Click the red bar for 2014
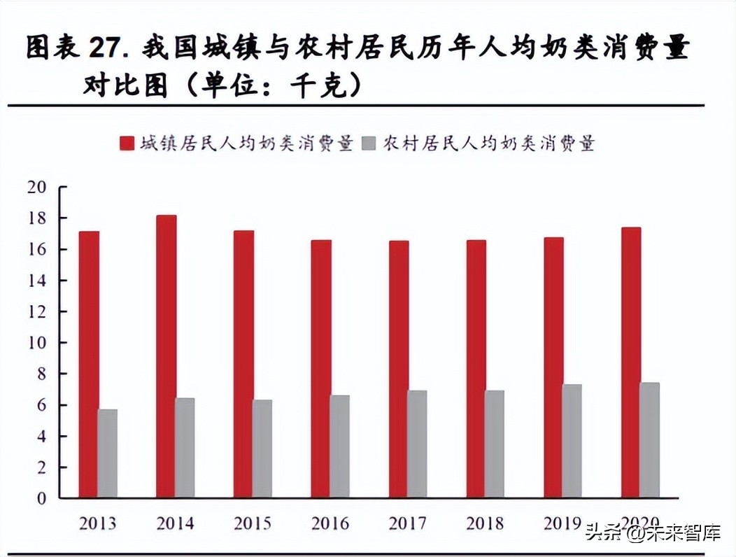(x=167, y=357)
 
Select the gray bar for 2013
(x=108, y=453)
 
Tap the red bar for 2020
(x=631, y=362)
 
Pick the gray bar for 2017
(x=417, y=444)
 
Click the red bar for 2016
(x=321, y=369)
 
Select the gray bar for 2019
(x=572, y=441)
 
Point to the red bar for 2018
(x=476, y=369)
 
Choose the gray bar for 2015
(x=262, y=449)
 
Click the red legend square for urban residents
(x=127, y=144)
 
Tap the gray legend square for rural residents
(x=369, y=144)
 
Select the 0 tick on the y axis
(x=41, y=498)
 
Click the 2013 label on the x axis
(x=98, y=523)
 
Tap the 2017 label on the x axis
(x=408, y=523)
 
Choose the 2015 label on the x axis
(x=253, y=523)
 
